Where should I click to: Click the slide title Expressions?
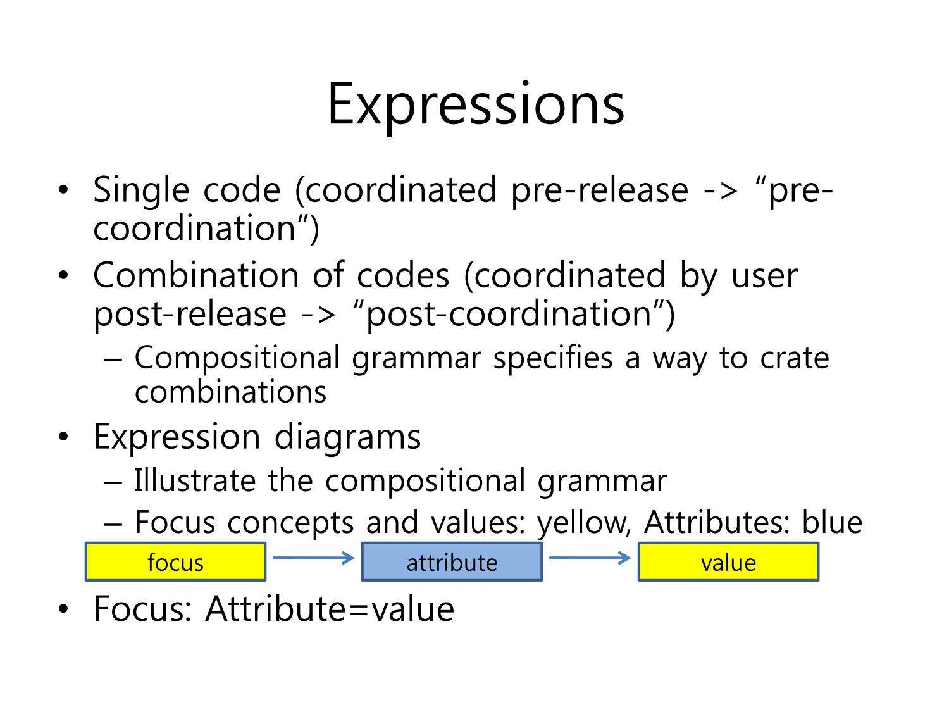pyautogui.click(x=476, y=105)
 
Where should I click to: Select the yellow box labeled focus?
pyautogui.click(x=175, y=561)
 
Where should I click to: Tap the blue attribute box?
pyautogui.click(x=452, y=561)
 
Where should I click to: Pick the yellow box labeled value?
pyautogui.click(x=728, y=561)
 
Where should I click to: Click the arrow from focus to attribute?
pyautogui.click(x=313, y=557)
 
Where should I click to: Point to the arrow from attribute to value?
pyautogui.click(x=590, y=557)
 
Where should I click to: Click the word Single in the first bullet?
pyautogui.click(x=141, y=191)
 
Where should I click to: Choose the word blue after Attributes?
pyautogui.click(x=832, y=522)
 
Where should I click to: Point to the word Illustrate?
pyautogui.click(x=195, y=480)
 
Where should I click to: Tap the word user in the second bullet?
pyautogui.click(x=764, y=277)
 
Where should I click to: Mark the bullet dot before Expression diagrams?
pyautogui.click(x=63, y=436)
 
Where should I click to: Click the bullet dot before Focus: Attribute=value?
pyautogui.click(x=63, y=609)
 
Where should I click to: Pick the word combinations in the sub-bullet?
pyautogui.click(x=230, y=392)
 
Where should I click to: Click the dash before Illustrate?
pyautogui.click(x=113, y=482)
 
